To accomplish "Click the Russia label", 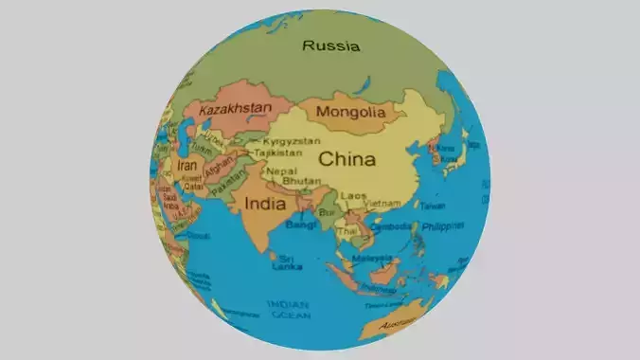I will click(331, 45).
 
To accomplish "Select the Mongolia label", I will click(351, 113).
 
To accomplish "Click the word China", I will click(346, 158).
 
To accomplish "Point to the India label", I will click(266, 203).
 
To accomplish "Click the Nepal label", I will click(282, 171).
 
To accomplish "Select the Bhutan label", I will click(301, 180).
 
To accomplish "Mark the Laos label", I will click(353, 195).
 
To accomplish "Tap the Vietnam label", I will click(382, 204).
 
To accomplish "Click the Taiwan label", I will click(433, 205).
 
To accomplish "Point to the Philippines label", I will click(443, 226).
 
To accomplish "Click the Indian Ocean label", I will click(288, 310).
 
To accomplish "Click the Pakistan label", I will click(227, 188).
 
